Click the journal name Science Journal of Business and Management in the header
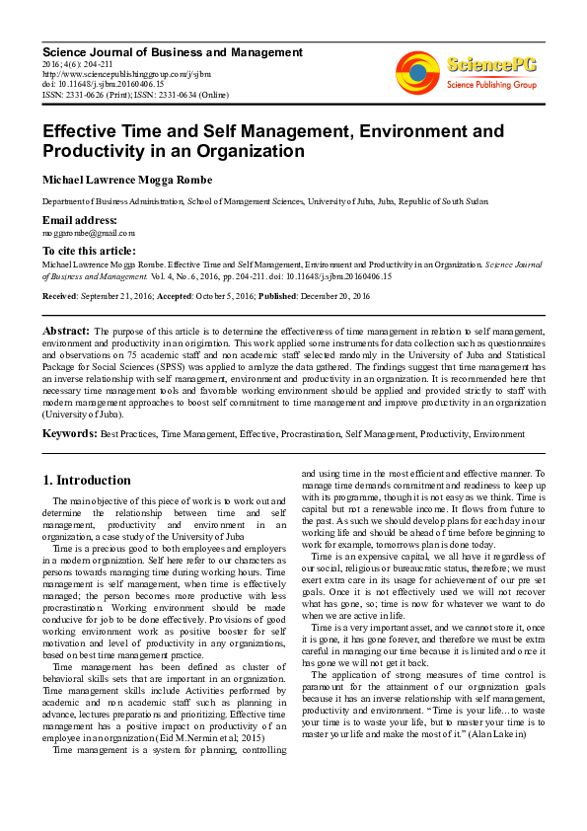(x=172, y=51)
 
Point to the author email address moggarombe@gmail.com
(x=88, y=233)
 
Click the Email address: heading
(x=79, y=220)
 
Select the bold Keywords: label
(x=70, y=433)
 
